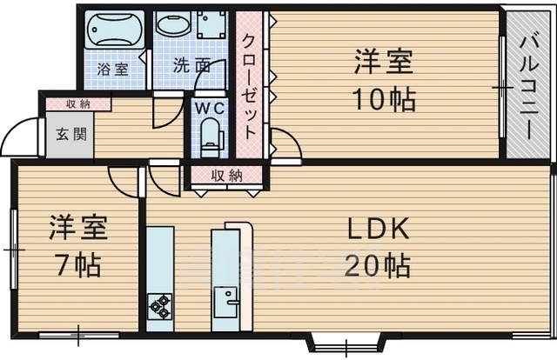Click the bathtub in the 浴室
click(x=114, y=31)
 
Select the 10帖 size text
click(x=383, y=98)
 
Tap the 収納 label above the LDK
click(x=225, y=175)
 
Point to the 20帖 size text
click(x=379, y=264)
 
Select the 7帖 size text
click(x=77, y=263)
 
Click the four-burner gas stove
click(x=160, y=304)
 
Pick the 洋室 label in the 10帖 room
click(x=383, y=63)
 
